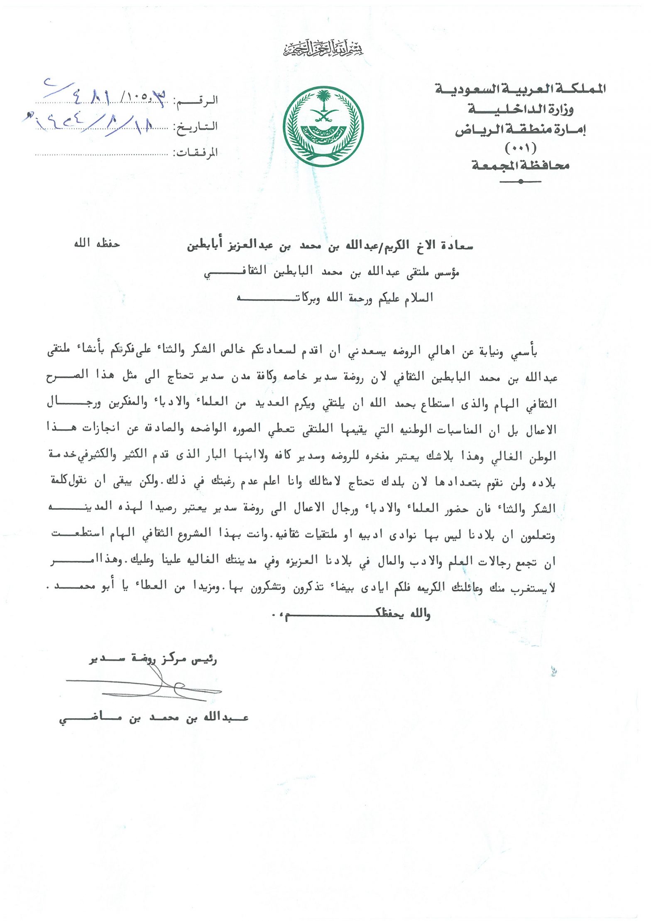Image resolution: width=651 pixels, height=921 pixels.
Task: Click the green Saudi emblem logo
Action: [x=323, y=127]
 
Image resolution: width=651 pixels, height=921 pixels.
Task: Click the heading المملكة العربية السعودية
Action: [x=520, y=88]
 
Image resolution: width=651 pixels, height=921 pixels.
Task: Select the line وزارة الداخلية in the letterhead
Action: [x=521, y=110]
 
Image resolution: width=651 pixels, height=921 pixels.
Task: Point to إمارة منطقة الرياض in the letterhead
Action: [x=520, y=130]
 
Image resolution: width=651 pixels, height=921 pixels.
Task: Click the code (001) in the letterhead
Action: [x=520, y=147]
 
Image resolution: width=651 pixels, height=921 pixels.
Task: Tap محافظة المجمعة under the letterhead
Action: [x=520, y=166]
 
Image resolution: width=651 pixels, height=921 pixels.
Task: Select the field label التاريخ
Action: [x=197, y=126]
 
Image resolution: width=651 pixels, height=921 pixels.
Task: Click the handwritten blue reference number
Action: [x=104, y=96]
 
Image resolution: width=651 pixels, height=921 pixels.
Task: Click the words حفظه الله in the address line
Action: [x=97, y=243]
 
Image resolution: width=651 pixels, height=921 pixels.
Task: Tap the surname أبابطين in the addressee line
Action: [x=205, y=246]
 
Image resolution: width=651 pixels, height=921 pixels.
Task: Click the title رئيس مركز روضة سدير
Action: [x=153, y=658]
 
